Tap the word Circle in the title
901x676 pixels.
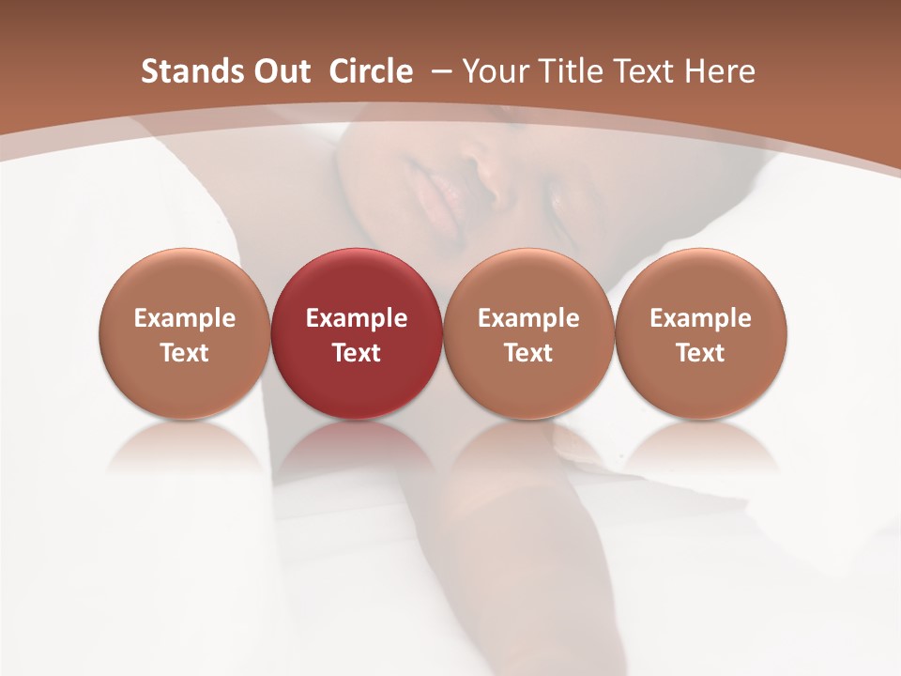(x=371, y=71)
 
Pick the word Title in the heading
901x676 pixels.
(x=569, y=71)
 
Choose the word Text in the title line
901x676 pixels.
(x=644, y=71)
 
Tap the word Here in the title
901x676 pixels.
(x=719, y=71)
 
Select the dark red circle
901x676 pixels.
(x=357, y=282)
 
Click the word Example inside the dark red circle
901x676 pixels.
(x=357, y=318)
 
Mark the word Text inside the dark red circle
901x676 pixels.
(x=357, y=353)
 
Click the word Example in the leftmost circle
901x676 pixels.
(x=185, y=318)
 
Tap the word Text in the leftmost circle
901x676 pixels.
(x=185, y=353)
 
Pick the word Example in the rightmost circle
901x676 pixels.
(x=700, y=318)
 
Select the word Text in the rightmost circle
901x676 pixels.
(x=700, y=353)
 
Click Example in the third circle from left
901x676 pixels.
(x=528, y=318)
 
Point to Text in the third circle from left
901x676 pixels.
(x=528, y=353)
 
